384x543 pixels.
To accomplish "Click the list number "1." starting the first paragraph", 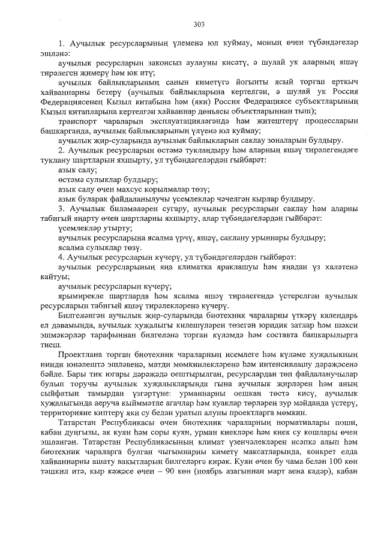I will pyautogui.click(x=61, y=44).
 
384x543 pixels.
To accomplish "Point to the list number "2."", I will pyautogui.click(x=61, y=149).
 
